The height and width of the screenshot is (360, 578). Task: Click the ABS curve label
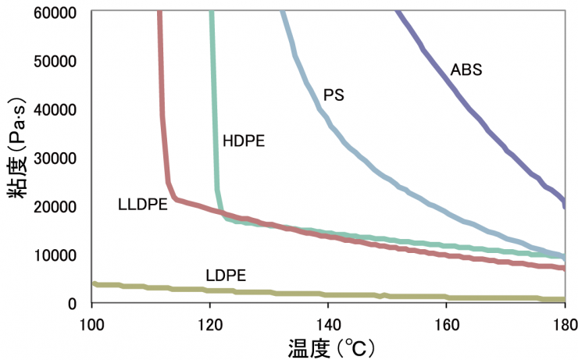(x=466, y=70)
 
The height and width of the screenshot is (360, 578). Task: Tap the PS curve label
(x=334, y=95)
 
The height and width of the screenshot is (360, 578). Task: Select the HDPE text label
(x=244, y=141)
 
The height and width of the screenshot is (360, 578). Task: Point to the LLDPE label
(x=143, y=205)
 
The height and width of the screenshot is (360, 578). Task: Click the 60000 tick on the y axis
(x=54, y=12)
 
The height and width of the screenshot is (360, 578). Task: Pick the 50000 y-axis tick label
(x=54, y=61)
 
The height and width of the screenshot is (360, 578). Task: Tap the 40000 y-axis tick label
(x=54, y=109)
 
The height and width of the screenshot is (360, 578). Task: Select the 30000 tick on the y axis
(x=54, y=158)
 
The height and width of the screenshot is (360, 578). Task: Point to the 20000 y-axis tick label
(x=54, y=206)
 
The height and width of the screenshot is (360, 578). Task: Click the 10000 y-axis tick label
(x=54, y=255)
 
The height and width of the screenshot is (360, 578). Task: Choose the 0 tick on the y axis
(x=71, y=303)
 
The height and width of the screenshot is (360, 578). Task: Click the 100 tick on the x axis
(x=91, y=321)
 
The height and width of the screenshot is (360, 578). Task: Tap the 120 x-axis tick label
(x=209, y=321)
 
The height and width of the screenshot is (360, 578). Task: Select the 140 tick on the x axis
(x=328, y=321)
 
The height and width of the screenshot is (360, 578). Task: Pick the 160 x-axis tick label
(x=446, y=321)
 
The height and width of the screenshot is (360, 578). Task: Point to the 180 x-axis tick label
(x=564, y=321)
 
